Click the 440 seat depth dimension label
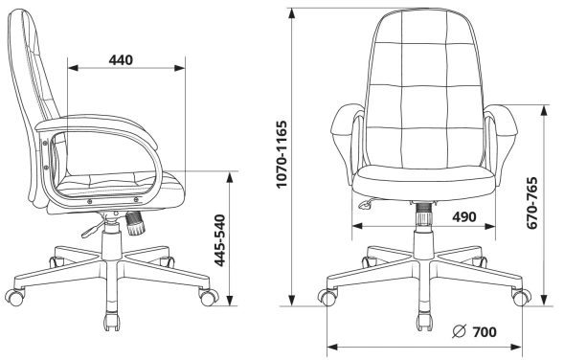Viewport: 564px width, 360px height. pos(121,59)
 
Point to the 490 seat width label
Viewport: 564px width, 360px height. pos(464,216)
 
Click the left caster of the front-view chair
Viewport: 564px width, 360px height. pos(328,297)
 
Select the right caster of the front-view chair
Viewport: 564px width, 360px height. pos(520,297)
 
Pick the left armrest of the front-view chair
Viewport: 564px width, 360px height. pos(344,134)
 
